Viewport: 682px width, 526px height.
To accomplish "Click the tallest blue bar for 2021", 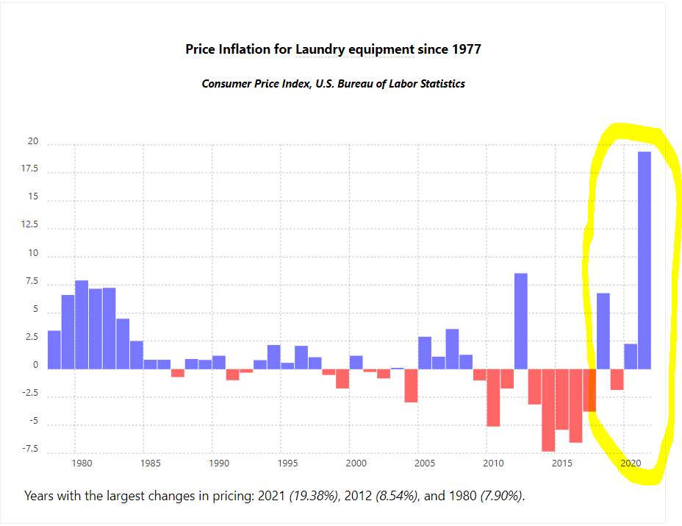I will (x=645, y=260).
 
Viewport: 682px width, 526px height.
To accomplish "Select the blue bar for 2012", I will (x=521, y=321).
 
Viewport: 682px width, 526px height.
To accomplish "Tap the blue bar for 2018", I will (x=603, y=330).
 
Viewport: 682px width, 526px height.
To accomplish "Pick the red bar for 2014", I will (x=548, y=409).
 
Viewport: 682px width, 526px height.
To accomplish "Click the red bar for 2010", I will (x=493, y=397).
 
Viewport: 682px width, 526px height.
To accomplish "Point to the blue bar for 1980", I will (x=82, y=324).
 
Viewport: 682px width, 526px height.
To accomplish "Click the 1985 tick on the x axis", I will (x=150, y=463).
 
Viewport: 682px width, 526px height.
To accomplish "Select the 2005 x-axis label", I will (x=425, y=463).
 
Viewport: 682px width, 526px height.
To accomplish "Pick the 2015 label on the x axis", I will (x=562, y=463).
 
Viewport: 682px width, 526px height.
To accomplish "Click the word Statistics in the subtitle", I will (x=437, y=84).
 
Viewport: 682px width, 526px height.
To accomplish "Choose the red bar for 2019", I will (x=617, y=379).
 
